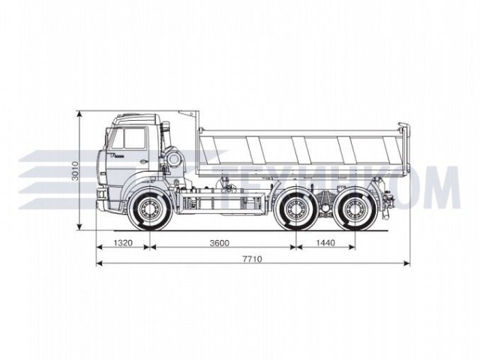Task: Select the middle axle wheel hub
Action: (295, 209)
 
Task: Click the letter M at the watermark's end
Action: (442, 187)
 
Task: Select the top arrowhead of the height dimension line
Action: (80, 113)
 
